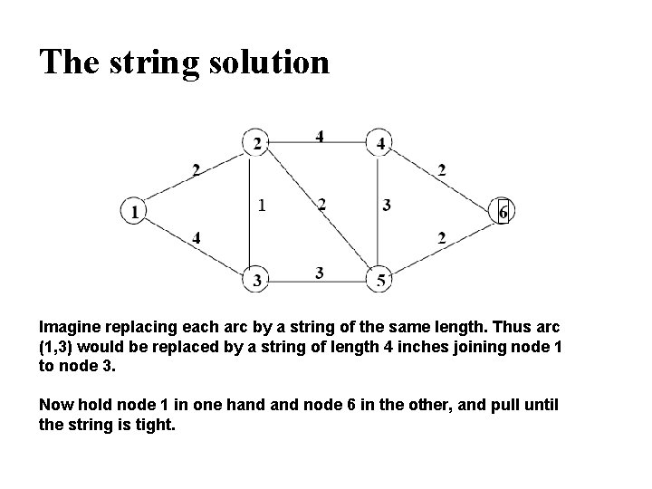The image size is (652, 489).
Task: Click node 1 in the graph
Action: (x=134, y=211)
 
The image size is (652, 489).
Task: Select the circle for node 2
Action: (x=256, y=143)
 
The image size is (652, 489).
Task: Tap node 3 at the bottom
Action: (x=257, y=280)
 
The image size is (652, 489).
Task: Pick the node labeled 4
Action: (x=380, y=143)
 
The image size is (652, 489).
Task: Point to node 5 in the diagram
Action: (x=380, y=280)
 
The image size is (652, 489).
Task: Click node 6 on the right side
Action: (x=503, y=211)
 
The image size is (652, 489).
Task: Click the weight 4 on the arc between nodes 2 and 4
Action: (x=320, y=136)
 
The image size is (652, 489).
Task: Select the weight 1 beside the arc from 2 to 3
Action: (x=262, y=206)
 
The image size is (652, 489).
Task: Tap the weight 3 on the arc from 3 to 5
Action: (x=320, y=273)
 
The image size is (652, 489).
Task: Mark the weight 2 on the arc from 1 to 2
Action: (x=197, y=168)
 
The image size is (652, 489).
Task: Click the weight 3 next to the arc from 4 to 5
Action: (x=387, y=206)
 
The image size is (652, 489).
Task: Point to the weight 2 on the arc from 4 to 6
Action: (x=441, y=168)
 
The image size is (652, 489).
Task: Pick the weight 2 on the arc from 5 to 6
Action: (x=441, y=238)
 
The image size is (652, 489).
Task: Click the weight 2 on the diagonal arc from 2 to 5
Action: (x=321, y=206)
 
